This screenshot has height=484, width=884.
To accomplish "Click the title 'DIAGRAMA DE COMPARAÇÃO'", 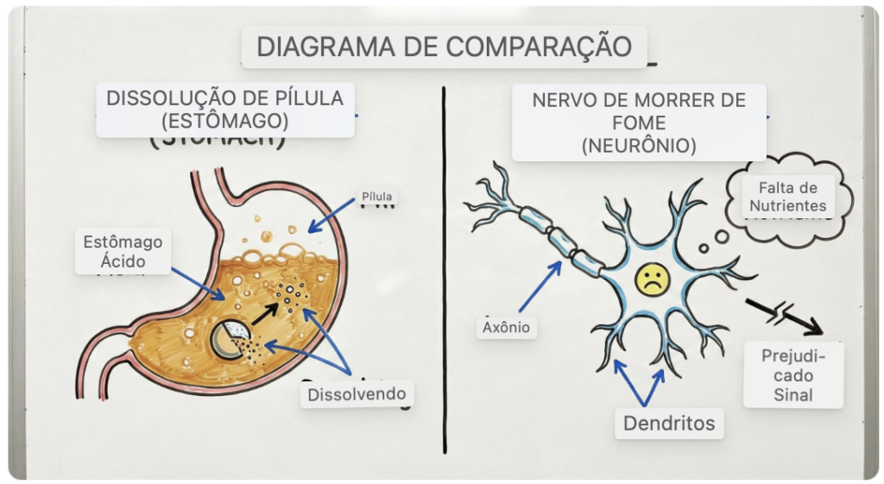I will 444,46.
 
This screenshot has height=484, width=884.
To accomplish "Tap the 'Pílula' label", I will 376,197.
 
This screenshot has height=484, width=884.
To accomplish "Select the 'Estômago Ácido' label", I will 122,251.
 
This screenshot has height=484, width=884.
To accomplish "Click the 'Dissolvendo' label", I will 357,394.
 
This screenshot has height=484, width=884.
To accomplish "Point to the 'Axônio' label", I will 507,328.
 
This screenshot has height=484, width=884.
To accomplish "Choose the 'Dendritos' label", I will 669,424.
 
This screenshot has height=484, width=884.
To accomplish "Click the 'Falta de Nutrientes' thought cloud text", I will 787,197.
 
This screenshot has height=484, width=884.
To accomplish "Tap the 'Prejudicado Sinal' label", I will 793,375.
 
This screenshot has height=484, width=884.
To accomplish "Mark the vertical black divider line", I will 445,267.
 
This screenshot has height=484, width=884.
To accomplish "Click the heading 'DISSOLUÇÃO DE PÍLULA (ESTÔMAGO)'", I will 224,109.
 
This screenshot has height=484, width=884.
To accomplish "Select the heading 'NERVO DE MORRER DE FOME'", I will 639,111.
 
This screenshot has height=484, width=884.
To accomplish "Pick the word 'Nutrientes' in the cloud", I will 787,206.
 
